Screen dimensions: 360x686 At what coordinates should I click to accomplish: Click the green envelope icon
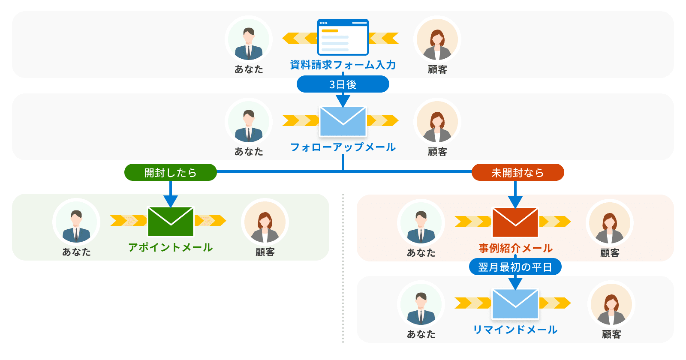tap(171, 222)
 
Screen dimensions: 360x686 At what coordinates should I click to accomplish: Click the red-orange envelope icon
tap(515, 222)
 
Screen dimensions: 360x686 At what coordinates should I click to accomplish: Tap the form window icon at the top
tap(343, 37)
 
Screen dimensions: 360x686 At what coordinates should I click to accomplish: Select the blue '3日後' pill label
tap(343, 84)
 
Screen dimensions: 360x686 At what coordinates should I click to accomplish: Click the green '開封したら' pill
tap(170, 172)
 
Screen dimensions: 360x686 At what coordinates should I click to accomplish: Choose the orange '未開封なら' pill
tap(518, 172)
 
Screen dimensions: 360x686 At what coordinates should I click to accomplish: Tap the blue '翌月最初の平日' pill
tap(515, 267)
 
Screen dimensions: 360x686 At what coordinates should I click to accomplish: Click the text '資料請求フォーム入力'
tap(343, 65)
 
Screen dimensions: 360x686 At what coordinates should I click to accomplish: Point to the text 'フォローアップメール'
tap(343, 147)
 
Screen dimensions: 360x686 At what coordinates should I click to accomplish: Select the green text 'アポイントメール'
tap(171, 248)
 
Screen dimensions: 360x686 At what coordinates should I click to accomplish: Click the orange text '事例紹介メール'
tap(515, 248)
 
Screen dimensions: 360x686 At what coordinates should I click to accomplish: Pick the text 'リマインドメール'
tap(515, 330)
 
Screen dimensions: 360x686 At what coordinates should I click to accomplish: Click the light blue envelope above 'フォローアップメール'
tap(343, 121)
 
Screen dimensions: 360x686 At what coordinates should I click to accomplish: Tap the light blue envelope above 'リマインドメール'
tap(515, 304)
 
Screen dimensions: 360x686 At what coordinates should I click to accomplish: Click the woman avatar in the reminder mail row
tap(611, 304)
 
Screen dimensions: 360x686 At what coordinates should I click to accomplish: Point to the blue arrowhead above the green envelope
tap(171, 201)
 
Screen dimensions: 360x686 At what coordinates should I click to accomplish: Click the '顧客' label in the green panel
tap(265, 252)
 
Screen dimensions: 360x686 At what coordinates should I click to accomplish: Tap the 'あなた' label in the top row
tap(249, 69)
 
